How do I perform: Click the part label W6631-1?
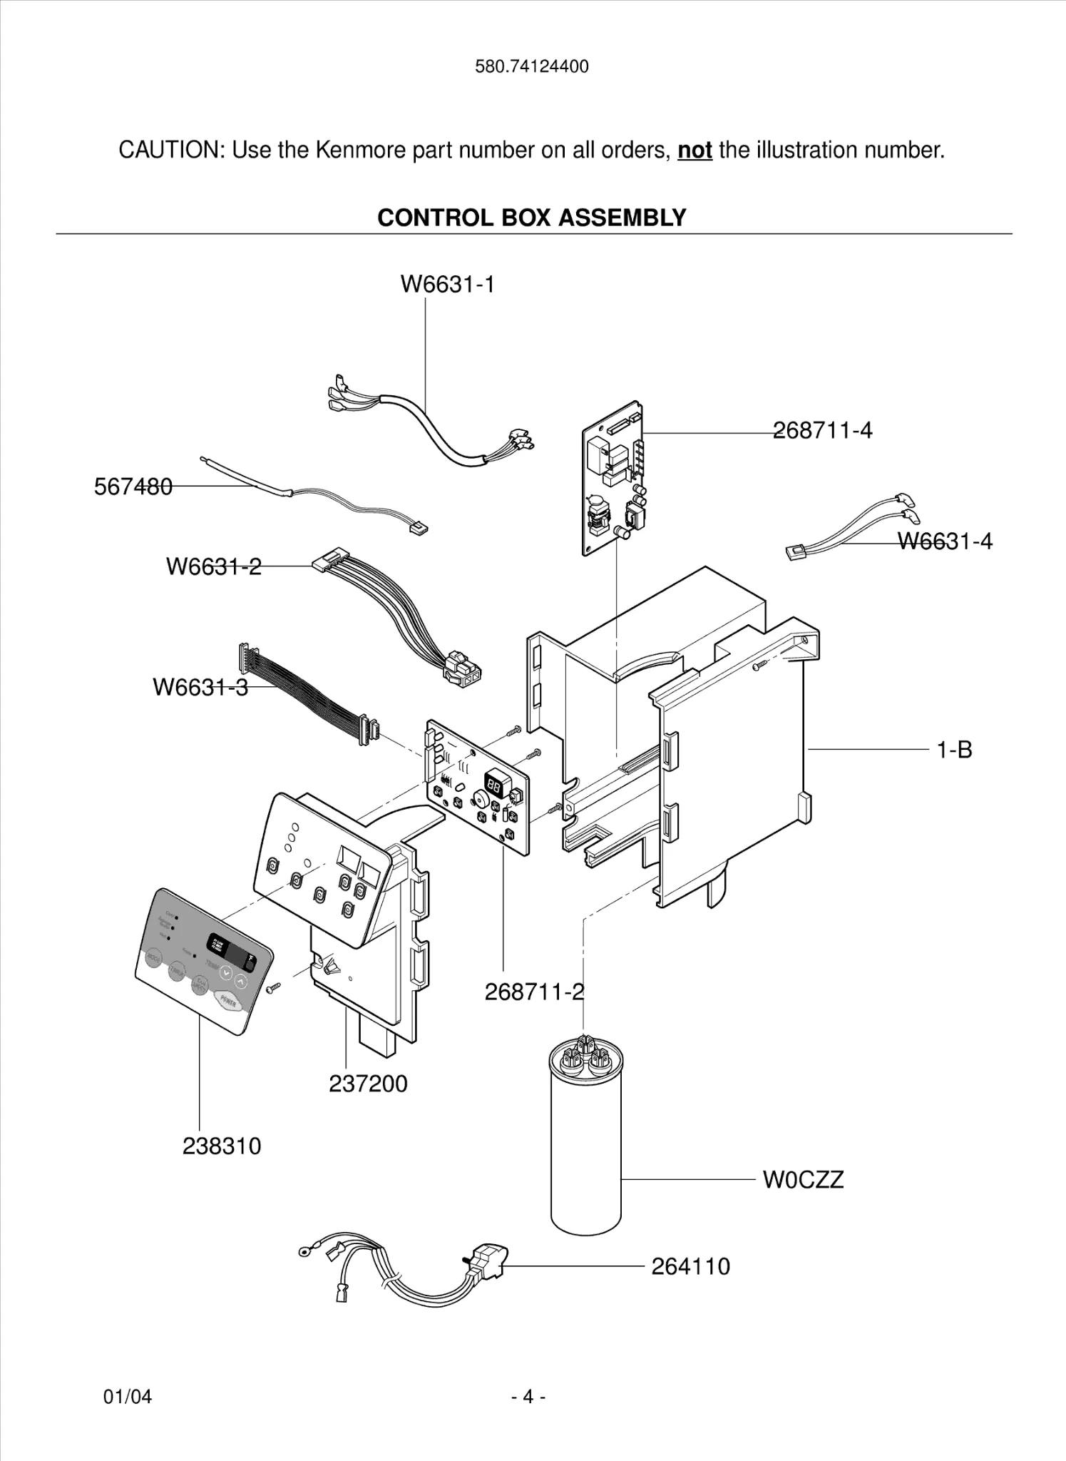click(x=447, y=284)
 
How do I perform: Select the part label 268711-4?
click(x=823, y=430)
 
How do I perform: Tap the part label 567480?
click(x=133, y=487)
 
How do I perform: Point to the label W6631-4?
click(x=944, y=541)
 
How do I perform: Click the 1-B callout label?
click(x=954, y=750)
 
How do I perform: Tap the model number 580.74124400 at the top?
click(x=532, y=67)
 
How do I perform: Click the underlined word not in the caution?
click(x=695, y=151)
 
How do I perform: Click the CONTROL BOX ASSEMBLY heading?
click(x=532, y=218)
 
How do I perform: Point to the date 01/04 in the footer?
click(x=128, y=1396)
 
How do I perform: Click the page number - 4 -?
click(x=528, y=1396)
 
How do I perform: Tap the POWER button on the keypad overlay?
click(x=228, y=1002)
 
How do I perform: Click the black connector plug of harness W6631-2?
click(x=462, y=671)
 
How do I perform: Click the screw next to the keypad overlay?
click(x=273, y=987)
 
